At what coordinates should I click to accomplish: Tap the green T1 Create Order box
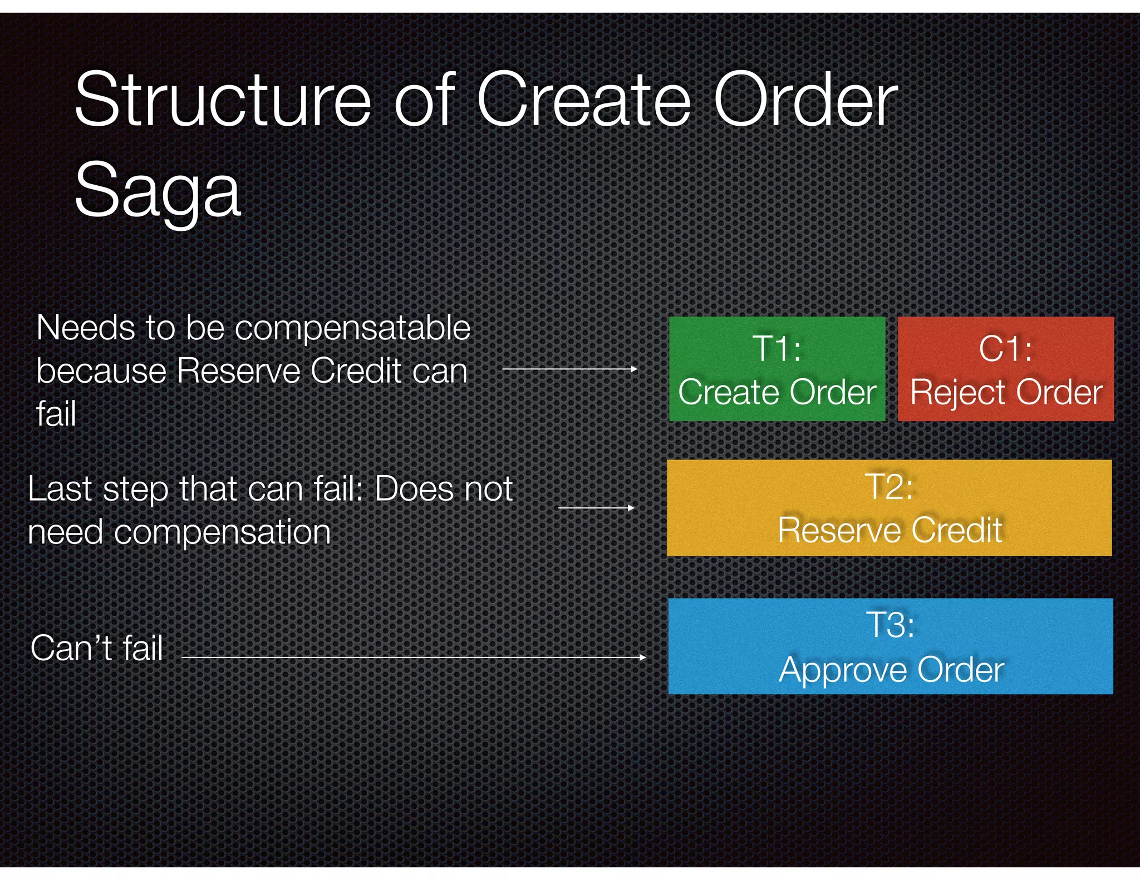click(x=777, y=369)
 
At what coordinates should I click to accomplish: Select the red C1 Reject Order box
click(x=1005, y=369)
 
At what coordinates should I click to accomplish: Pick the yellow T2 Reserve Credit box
click(x=889, y=507)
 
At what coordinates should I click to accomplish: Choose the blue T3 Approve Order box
click(x=890, y=646)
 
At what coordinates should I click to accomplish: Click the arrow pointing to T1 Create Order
click(x=569, y=369)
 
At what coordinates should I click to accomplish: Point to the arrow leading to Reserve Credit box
click(x=596, y=507)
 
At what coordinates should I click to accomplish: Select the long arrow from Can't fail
click(x=414, y=657)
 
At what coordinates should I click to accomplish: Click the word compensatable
click(x=353, y=328)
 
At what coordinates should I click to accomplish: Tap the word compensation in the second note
click(x=222, y=532)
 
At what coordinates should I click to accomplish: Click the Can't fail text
click(x=96, y=649)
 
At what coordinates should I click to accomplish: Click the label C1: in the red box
click(x=1005, y=349)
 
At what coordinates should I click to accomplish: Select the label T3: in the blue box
click(x=890, y=625)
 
